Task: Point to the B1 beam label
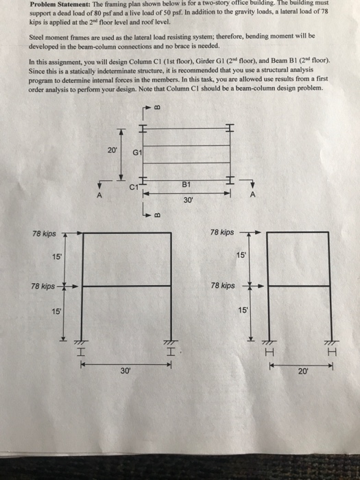(187, 183)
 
